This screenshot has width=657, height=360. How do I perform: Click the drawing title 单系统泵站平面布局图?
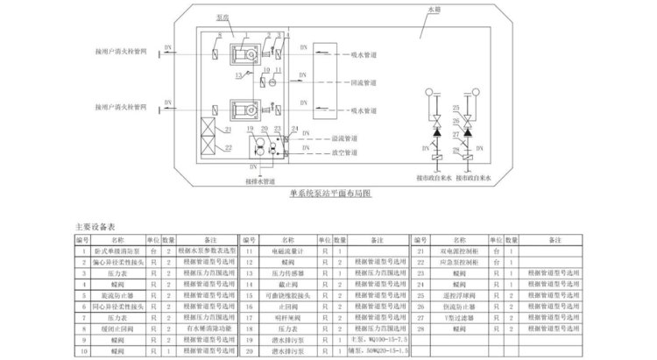pos(329,194)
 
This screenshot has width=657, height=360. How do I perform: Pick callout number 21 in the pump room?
pos(227,129)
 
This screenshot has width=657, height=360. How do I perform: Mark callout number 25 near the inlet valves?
pos(456,108)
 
